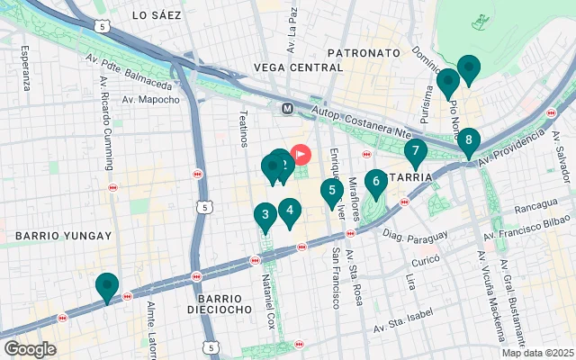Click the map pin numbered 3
point(264,215)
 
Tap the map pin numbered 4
point(289,211)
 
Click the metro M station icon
point(288,108)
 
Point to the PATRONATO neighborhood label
point(363,53)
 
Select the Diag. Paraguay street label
point(415,236)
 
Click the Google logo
point(30,349)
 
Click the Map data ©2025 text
point(536,353)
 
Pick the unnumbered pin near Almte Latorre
point(107,286)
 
